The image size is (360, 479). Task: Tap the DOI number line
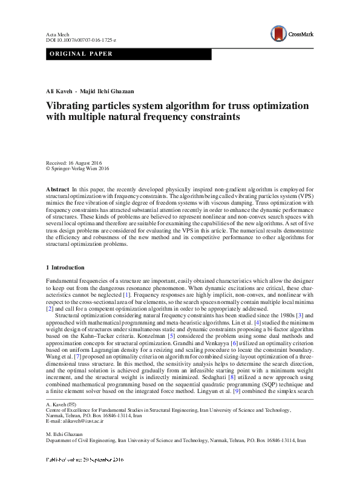80,39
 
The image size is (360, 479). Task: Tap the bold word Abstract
57,190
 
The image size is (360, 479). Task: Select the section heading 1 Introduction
65,268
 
